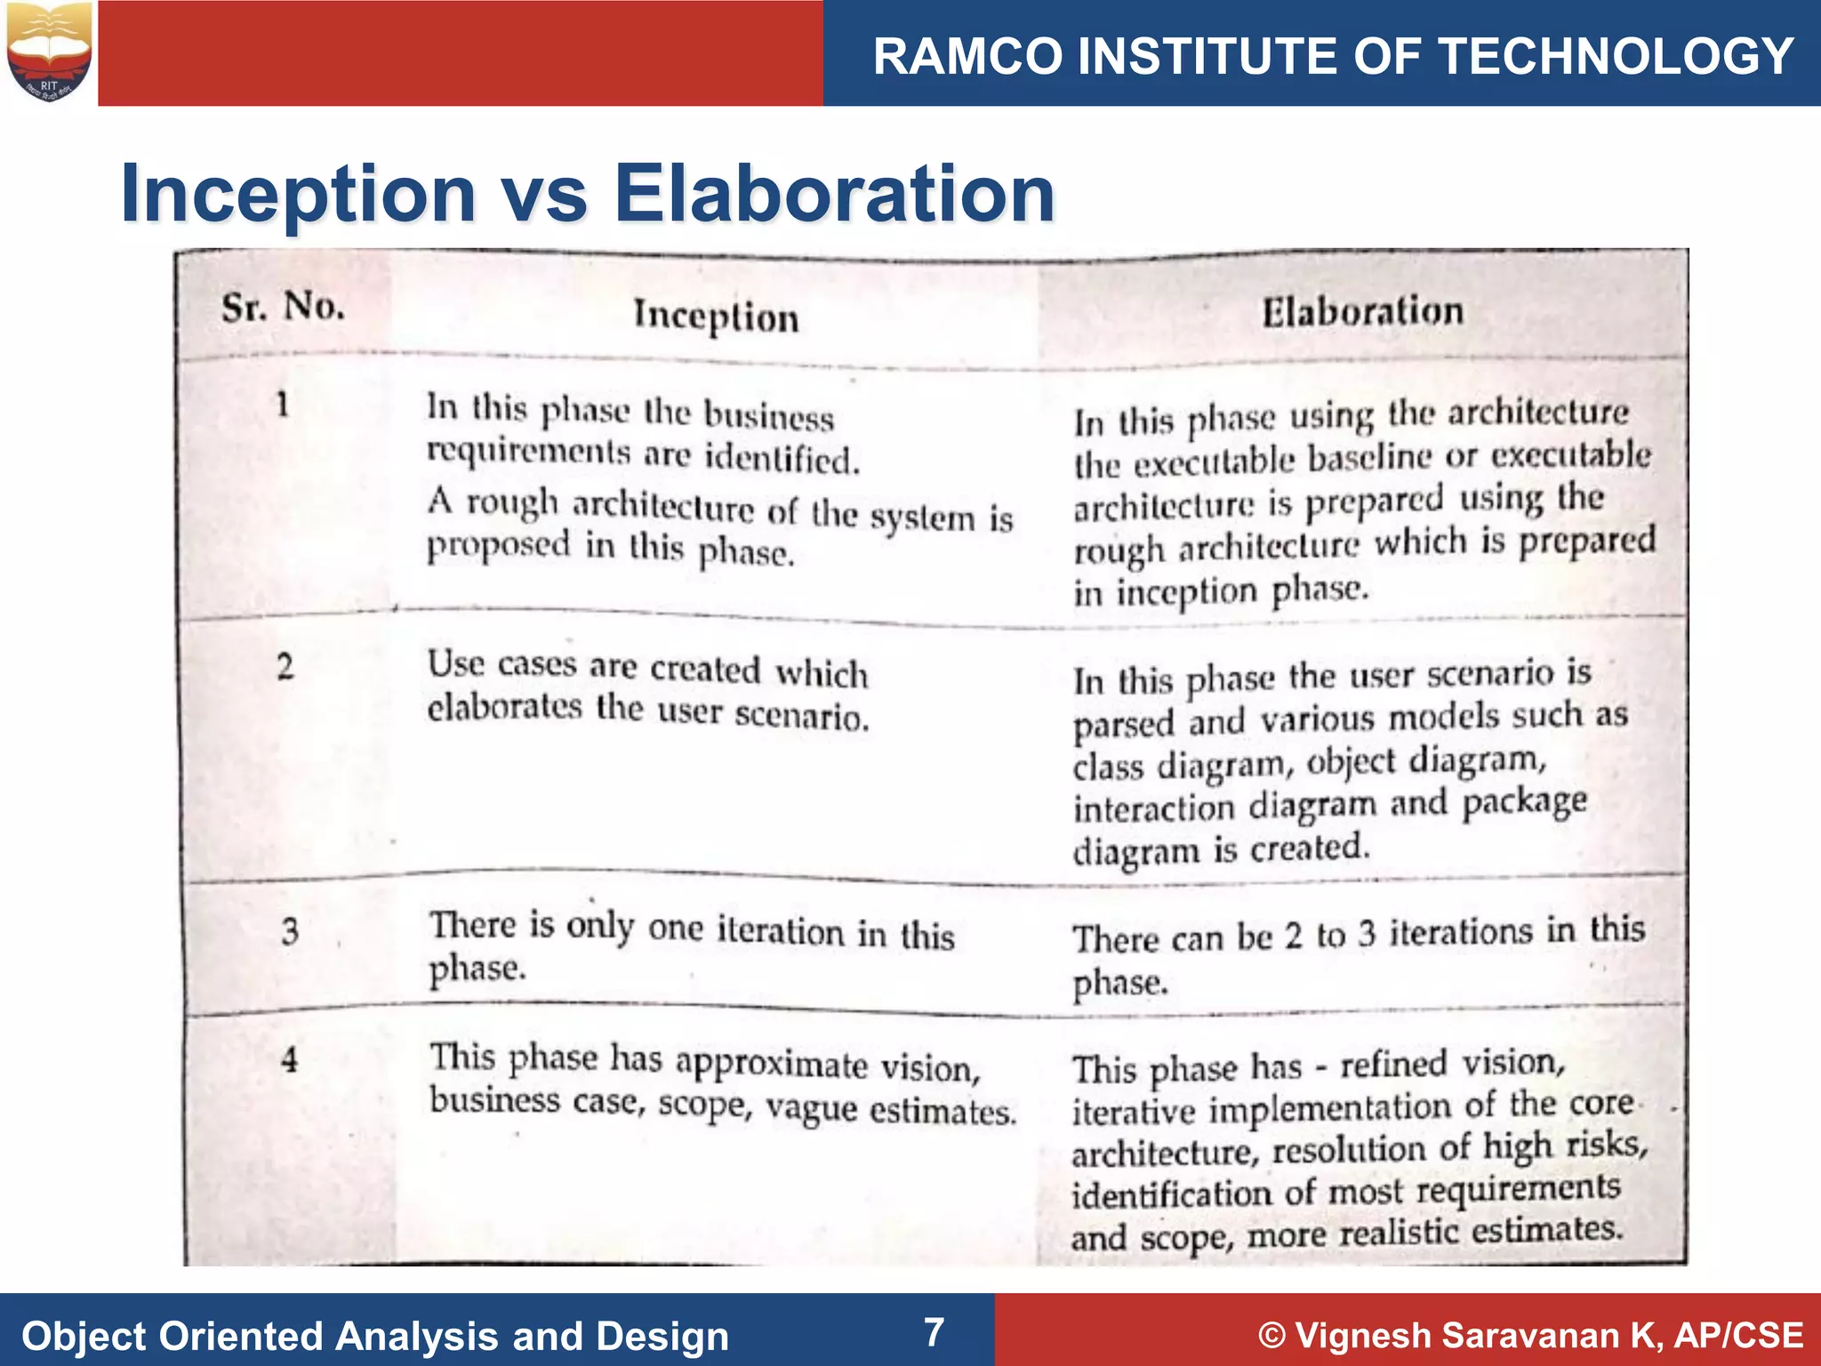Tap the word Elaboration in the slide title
point(834,193)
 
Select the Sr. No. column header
point(283,308)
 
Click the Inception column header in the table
point(716,317)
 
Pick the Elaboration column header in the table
point(1362,311)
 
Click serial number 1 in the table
point(283,405)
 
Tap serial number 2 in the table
point(285,666)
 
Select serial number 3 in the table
point(290,931)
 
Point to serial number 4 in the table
point(289,1059)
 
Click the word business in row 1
point(768,416)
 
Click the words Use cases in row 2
point(501,664)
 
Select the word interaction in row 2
point(1154,808)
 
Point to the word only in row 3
point(600,925)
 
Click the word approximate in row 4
point(771,1063)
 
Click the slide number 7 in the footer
point(934,1332)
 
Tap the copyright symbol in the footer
point(1272,1336)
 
